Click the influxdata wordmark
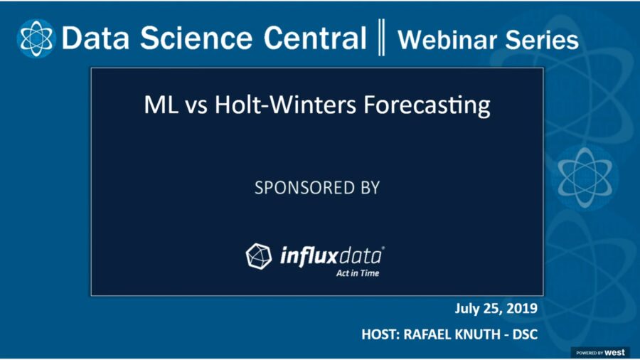point(331,255)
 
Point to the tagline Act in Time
point(358,272)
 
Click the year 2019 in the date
point(522,308)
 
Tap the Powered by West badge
point(600,352)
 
